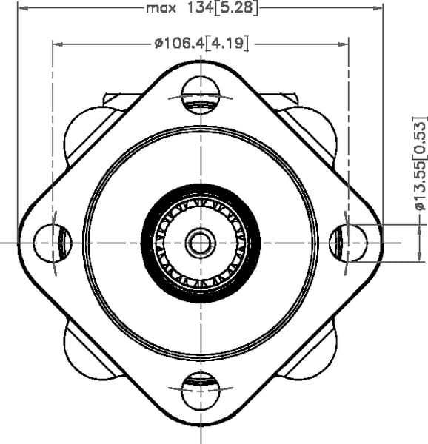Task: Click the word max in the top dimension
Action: point(161,8)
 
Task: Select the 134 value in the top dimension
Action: point(200,7)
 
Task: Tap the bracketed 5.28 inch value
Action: point(236,8)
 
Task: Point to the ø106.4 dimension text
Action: point(179,44)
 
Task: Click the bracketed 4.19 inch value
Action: point(227,44)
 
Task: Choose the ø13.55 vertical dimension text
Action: point(421,186)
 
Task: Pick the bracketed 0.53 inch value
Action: point(420,138)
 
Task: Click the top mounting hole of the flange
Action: point(201,95)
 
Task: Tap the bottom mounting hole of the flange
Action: point(201,391)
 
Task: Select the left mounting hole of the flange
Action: point(53,243)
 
